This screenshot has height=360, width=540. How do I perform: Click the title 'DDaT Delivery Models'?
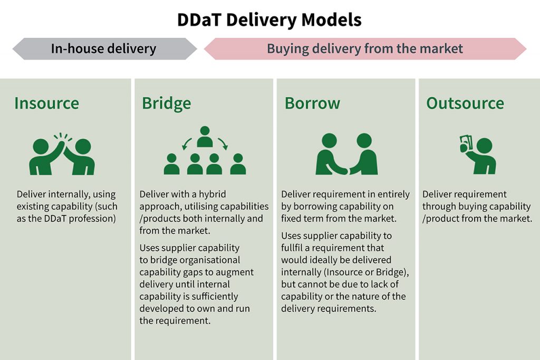coord(269,20)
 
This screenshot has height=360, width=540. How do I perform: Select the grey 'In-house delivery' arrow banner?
coord(104,49)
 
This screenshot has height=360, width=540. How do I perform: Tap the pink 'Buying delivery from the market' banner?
coord(364,49)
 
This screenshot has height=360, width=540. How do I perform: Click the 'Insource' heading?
coord(46,103)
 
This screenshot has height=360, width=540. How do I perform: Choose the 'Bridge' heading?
coord(166,103)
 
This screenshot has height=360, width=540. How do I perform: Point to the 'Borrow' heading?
coord(312,103)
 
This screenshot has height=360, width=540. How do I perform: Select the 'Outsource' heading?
coord(465,103)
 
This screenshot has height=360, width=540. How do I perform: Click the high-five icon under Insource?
coord(62,153)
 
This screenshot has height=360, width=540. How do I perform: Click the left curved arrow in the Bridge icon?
coord(186,142)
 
